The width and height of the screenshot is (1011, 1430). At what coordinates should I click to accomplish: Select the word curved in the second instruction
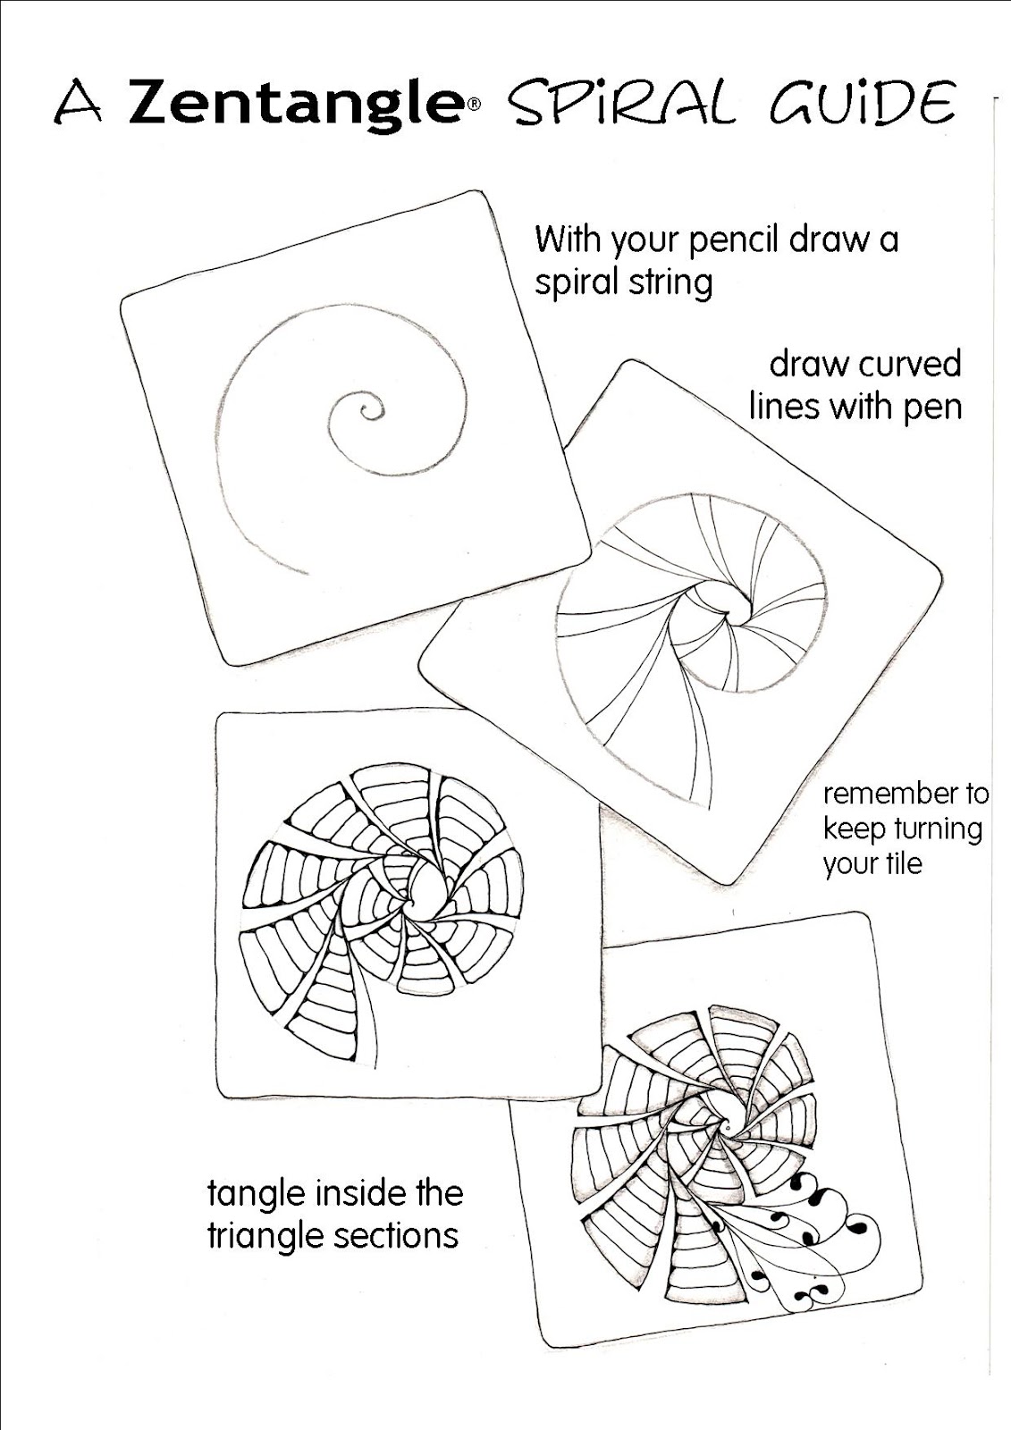(911, 365)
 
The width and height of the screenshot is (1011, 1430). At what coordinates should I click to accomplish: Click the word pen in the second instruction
(933, 407)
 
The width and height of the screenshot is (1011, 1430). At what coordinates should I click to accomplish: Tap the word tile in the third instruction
(903, 864)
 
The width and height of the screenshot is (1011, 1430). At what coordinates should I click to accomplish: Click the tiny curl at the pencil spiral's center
(366, 411)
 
